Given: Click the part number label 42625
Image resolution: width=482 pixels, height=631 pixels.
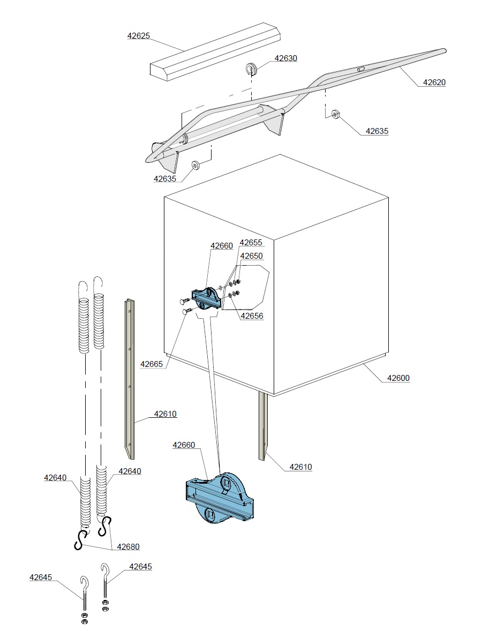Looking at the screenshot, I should [138, 36].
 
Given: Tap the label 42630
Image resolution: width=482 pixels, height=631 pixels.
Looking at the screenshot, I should [285, 58].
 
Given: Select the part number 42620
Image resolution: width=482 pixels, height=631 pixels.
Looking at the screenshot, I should [434, 82].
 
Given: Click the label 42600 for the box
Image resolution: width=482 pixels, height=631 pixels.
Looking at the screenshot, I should [398, 378].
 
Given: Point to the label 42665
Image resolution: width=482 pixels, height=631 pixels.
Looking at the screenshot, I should [152, 364].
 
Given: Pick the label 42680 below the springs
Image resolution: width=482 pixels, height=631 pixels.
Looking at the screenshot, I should [128, 546].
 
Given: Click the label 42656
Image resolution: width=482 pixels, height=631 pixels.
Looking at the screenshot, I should [252, 316].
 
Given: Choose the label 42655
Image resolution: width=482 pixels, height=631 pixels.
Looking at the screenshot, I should [251, 242].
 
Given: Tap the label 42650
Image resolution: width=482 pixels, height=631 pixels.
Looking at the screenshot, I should [251, 256].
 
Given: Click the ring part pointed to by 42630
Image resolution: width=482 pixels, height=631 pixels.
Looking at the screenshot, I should [252, 68].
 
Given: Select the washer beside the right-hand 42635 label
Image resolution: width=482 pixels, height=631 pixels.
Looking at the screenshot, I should [335, 114].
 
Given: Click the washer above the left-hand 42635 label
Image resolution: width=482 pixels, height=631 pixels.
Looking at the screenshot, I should [195, 164].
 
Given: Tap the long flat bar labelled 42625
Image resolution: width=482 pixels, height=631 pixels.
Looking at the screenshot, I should [214, 51].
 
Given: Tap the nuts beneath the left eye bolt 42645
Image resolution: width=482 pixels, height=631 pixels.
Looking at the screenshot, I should [84, 618].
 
